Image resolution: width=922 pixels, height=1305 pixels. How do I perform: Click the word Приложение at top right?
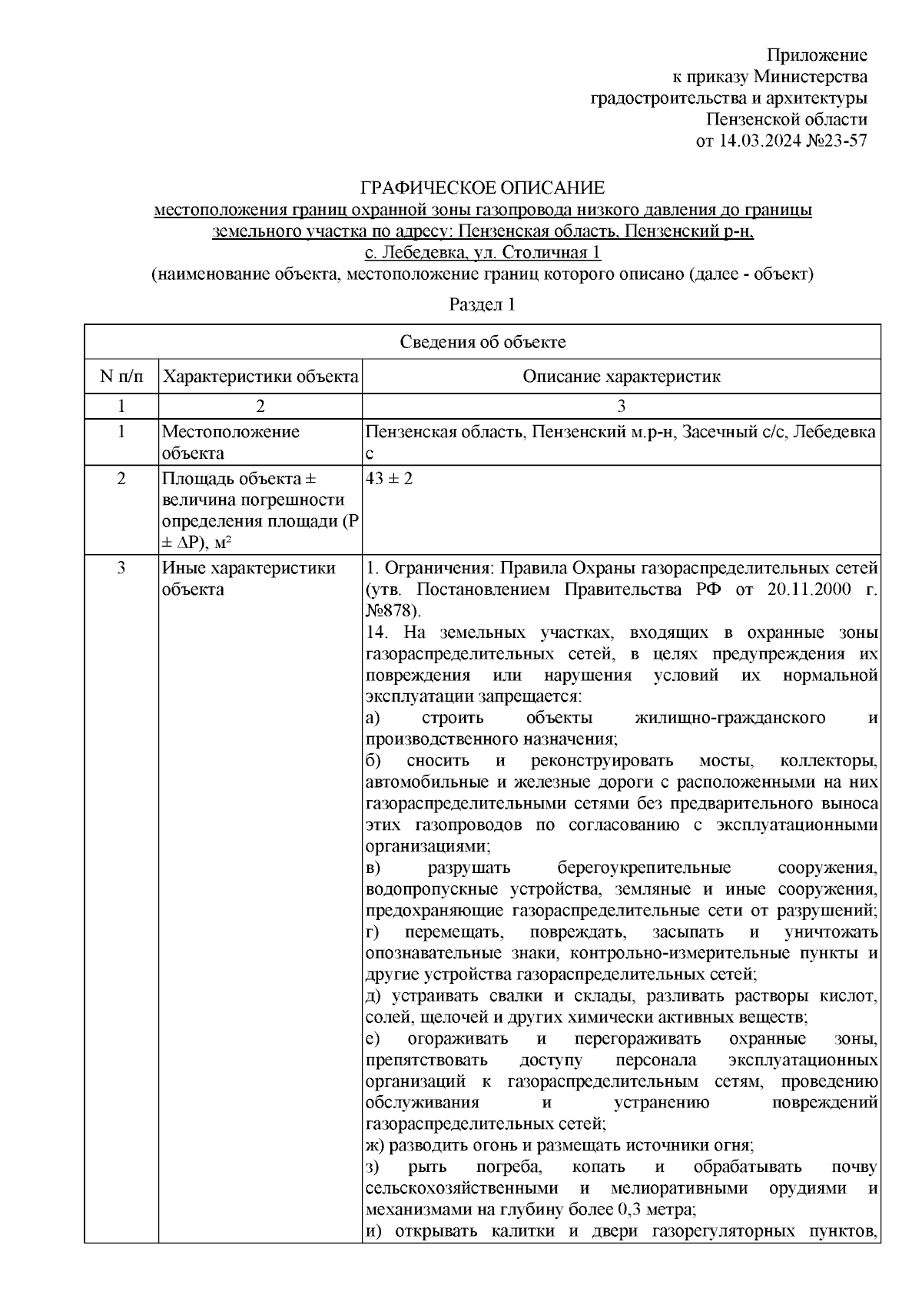tap(818, 55)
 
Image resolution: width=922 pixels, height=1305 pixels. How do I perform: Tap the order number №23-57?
tap(834, 141)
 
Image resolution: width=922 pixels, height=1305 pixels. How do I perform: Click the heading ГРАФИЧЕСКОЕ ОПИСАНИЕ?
tap(483, 188)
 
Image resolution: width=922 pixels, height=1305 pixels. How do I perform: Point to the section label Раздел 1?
tap(482, 304)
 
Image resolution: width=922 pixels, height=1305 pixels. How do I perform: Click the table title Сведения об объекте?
tap(483, 342)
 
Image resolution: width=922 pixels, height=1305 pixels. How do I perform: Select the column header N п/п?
tap(121, 377)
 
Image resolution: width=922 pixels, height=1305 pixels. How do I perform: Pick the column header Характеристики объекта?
tap(260, 377)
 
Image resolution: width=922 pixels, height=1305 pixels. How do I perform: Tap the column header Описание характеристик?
tap(621, 377)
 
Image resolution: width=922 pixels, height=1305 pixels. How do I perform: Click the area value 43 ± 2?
tap(390, 479)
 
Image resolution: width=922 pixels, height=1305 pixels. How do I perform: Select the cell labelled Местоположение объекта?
tap(230, 442)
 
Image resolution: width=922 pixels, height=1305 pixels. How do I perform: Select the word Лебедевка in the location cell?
tap(834, 432)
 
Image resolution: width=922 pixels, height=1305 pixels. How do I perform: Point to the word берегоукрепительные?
tap(644, 868)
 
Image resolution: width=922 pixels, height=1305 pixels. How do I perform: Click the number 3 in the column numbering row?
tap(621, 406)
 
